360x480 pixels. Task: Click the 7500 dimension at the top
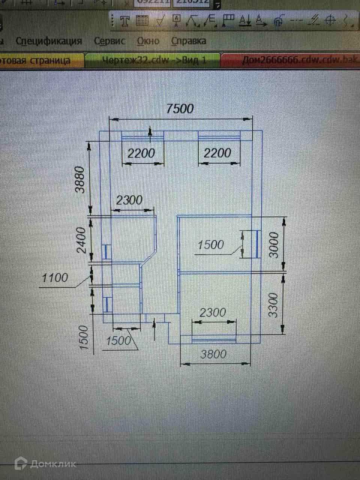pyautogui.click(x=180, y=109)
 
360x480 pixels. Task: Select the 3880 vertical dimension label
pyautogui.click(x=80, y=180)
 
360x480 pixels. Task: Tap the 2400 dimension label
pyautogui.click(x=81, y=240)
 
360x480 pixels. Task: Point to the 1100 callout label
pyautogui.click(x=55, y=278)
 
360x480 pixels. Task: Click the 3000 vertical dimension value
pyautogui.click(x=274, y=245)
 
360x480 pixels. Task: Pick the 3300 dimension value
pyautogui.click(x=274, y=305)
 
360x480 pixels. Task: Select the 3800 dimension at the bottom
pyautogui.click(x=213, y=354)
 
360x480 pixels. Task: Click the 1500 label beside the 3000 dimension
pyautogui.click(x=210, y=245)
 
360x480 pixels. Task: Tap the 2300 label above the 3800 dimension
pyautogui.click(x=213, y=312)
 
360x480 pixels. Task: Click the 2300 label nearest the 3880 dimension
pyautogui.click(x=129, y=200)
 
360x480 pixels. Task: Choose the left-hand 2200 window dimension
pyautogui.click(x=141, y=153)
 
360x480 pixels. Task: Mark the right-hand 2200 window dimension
pyautogui.click(x=217, y=153)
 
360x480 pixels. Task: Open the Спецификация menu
pyautogui.click(x=49, y=41)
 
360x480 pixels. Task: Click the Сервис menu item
pyautogui.click(x=109, y=41)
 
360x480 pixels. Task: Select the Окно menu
pyautogui.click(x=148, y=41)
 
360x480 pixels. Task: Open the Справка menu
pyautogui.click(x=188, y=41)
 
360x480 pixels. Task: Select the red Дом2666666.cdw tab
pyautogui.click(x=296, y=60)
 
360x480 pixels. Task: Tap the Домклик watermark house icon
pyautogui.click(x=21, y=464)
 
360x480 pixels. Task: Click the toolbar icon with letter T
pyautogui.click(x=125, y=21)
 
